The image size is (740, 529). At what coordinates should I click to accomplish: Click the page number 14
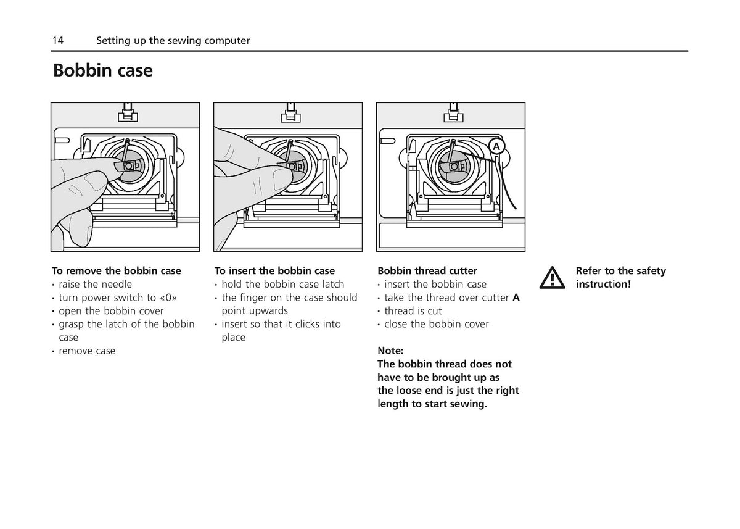pyautogui.click(x=58, y=40)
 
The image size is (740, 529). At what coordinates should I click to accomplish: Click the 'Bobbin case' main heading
pyautogui.click(x=103, y=70)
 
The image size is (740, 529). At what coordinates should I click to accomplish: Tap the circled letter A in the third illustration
pyautogui.click(x=496, y=146)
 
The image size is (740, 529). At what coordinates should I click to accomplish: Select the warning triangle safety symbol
pyautogui.click(x=552, y=278)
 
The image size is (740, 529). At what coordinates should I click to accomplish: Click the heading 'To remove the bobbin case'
pyautogui.click(x=117, y=271)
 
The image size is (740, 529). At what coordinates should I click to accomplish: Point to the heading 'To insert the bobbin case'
pyautogui.click(x=274, y=271)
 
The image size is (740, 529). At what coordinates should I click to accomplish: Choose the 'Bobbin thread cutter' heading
pyautogui.click(x=427, y=271)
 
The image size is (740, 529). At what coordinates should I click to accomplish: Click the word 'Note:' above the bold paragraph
pyautogui.click(x=390, y=351)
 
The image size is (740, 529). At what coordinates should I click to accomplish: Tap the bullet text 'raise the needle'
pyautogui.click(x=95, y=285)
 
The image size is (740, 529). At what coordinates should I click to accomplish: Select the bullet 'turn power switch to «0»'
pyautogui.click(x=118, y=298)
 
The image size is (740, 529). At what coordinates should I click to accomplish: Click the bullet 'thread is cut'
pyautogui.click(x=413, y=310)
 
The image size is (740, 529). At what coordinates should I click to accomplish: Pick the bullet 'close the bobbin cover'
pyautogui.click(x=437, y=324)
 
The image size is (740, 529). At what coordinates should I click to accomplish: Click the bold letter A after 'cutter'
pyautogui.click(x=516, y=298)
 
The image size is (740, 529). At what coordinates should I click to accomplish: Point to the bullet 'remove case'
pyautogui.click(x=87, y=351)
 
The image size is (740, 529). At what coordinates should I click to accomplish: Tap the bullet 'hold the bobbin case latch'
pyautogui.click(x=283, y=285)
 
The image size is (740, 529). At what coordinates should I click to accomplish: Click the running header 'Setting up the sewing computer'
pyautogui.click(x=173, y=41)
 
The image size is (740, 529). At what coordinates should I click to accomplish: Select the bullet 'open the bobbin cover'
pyautogui.click(x=111, y=310)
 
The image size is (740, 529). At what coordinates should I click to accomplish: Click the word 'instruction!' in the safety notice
pyautogui.click(x=603, y=285)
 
